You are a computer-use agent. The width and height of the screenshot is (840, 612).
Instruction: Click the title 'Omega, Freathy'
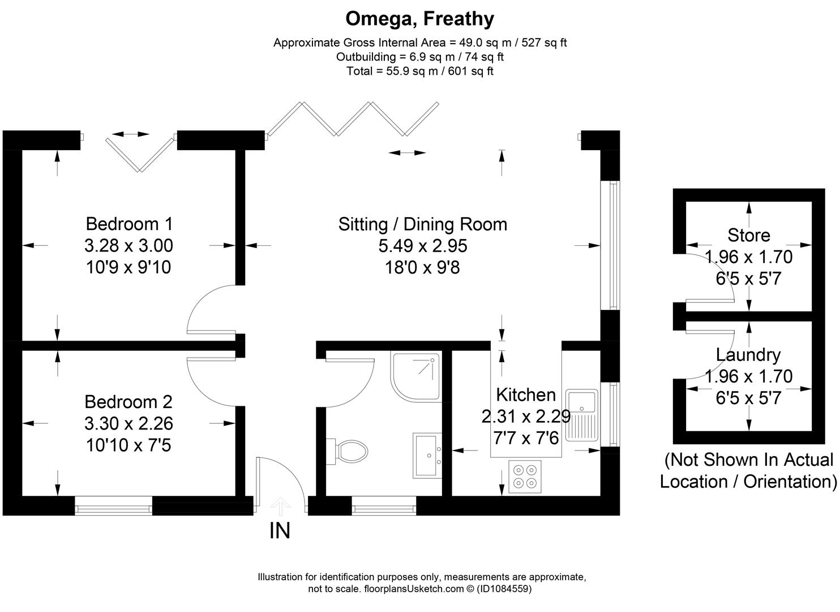coord(419,19)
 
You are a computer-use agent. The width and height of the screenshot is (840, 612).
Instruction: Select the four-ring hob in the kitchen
coord(525,476)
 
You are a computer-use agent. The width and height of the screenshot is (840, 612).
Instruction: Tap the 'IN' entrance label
coord(280,531)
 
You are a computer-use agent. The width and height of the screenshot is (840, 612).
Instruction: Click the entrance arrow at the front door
coord(280,505)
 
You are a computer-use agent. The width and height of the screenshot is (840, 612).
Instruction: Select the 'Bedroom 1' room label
coord(129,223)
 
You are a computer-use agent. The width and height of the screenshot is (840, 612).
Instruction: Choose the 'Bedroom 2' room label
coord(128,402)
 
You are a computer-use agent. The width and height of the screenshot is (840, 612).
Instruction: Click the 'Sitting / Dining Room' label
coord(422,224)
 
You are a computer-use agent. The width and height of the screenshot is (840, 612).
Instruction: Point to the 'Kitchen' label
coord(525,394)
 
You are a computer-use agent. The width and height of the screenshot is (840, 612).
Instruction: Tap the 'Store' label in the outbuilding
coord(748,235)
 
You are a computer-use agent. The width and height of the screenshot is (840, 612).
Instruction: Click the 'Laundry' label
coord(748,355)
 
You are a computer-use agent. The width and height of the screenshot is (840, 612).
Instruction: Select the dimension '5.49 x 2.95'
coord(422,245)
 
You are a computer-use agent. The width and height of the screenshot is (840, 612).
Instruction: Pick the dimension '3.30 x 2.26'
coord(128,423)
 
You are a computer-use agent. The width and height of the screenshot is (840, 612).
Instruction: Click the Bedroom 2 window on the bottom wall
coord(114,505)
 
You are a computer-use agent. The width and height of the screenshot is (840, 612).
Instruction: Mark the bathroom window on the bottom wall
coord(384,505)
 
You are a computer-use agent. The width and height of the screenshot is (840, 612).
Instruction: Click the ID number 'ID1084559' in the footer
coord(504,589)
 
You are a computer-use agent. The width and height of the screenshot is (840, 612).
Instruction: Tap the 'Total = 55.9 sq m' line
coord(419,71)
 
